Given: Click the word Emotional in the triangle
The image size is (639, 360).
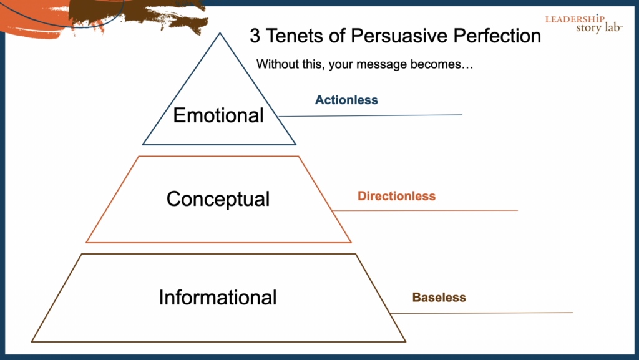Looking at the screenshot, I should click(x=218, y=115).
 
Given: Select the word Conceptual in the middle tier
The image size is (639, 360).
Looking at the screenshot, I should click(x=218, y=198).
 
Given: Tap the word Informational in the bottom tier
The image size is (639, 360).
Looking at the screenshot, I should click(x=218, y=297).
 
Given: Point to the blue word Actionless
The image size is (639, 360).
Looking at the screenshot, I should click(x=346, y=100).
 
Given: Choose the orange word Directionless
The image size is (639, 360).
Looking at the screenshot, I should click(x=396, y=196).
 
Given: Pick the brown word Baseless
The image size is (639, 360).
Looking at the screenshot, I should click(x=439, y=298).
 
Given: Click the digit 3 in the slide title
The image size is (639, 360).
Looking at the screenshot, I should click(x=255, y=36).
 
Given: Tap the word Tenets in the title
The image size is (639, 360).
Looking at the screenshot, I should click(x=295, y=36).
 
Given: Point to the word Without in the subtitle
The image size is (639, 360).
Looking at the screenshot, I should click(x=278, y=64).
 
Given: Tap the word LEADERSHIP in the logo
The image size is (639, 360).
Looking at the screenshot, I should click(x=575, y=19).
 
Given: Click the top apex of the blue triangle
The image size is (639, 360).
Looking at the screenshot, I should click(x=219, y=34).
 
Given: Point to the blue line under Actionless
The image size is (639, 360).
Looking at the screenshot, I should click(x=374, y=115).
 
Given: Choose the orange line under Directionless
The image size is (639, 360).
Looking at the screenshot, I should click(x=431, y=210).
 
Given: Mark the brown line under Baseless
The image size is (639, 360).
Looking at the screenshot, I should click(x=487, y=313).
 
